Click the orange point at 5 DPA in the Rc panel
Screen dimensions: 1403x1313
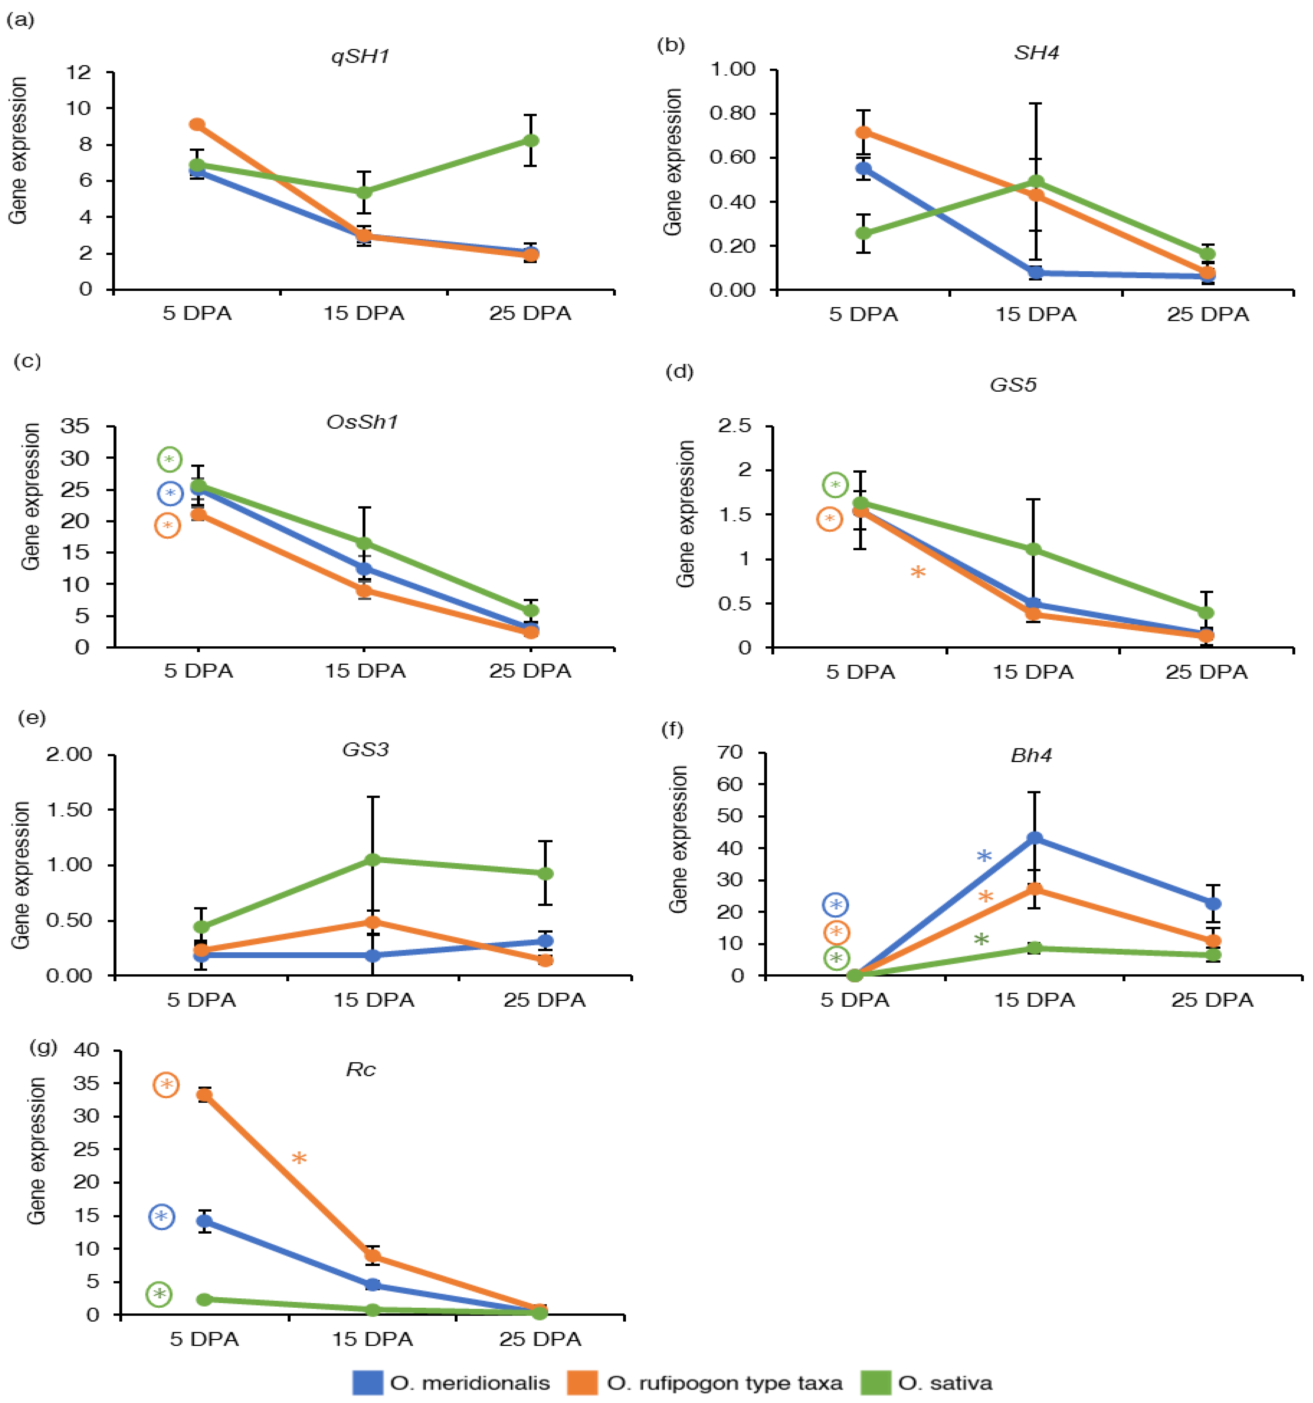click(x=204, y=1095)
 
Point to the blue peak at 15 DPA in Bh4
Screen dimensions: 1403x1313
click(x=1034, y=838)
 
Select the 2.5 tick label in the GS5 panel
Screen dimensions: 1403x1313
click(x=734, y=426)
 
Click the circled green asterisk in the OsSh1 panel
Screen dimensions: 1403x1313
click(x=169, y=459)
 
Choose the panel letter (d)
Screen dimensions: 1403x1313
click(x=680, y=372)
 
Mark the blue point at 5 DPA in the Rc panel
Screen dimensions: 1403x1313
click(x=204, y=1221)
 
